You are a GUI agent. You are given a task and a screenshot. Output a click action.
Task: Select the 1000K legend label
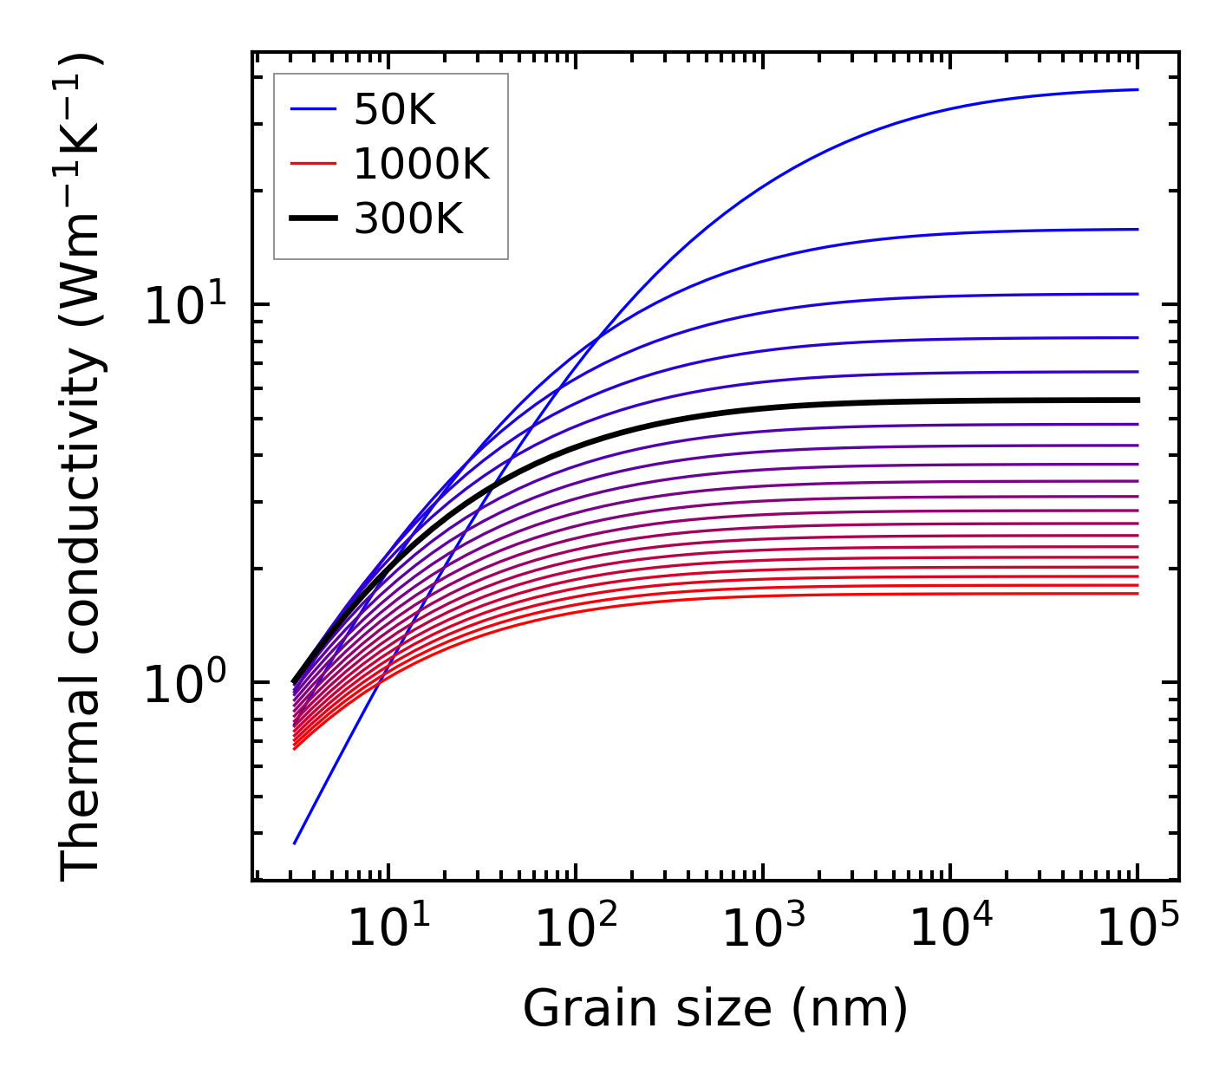(x=421, y=164)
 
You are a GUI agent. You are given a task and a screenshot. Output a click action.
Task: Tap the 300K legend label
(x=408, y=219)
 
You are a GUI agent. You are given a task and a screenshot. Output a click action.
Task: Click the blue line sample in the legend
(x=312, y=109)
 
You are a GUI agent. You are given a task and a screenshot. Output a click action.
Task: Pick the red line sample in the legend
(x=312, y=164)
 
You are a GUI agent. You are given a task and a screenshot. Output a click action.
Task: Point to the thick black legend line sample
(x=312, y=219)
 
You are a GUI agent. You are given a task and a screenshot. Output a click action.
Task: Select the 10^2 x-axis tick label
(x=575, y=930)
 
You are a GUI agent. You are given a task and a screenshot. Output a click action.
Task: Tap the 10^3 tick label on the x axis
(x=762, y=930)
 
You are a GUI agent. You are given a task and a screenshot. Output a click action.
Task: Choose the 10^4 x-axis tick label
(x=950, y=930)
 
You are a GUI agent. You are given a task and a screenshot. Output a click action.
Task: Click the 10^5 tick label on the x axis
(x=1137, y=930)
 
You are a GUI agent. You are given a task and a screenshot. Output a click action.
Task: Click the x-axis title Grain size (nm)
(x=715, y=1009)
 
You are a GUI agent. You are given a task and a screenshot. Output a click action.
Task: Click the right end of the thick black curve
(x=1137, y=400)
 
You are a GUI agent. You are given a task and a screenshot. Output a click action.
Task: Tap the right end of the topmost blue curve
(x=1137, y=89)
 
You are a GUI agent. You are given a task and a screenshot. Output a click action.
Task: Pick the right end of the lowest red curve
(x=1137, y=593)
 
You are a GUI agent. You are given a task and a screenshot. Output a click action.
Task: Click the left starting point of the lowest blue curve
(x=295, y=843)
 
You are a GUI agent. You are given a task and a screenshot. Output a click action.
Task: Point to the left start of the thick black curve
(x=295, y=681)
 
